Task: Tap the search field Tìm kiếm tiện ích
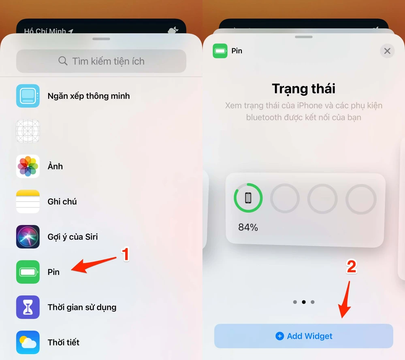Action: pos(101,61)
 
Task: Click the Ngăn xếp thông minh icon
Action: pos(28,96)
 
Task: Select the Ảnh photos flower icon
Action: pos(28,166)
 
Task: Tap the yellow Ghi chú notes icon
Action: pos(28,202)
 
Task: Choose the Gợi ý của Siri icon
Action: pos(28,237)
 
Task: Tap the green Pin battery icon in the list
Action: pos(28,272)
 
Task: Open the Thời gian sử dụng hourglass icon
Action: pos(28,307)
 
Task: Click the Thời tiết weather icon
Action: pos(28,343)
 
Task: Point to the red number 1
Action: pos(126,254)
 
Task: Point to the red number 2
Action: pos(351,266)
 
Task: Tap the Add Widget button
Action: pos(304,336)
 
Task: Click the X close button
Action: pos(387,51)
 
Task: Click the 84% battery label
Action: pos(248,228)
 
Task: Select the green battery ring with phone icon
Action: pos(248,198)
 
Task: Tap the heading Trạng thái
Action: pos(304,89)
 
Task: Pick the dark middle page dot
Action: pos(304,302)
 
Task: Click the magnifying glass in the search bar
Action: pos(63,61)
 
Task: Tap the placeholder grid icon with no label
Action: pos(28,131)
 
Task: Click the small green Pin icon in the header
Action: pos(220,51)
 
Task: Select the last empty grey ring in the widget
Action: pos(361,199)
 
